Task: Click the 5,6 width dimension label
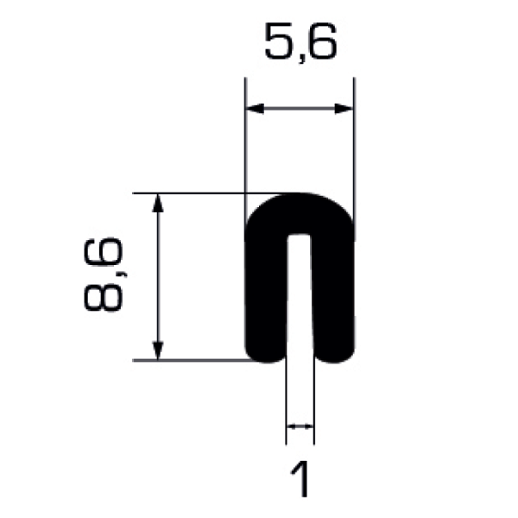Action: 300,43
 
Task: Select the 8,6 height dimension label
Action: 104,274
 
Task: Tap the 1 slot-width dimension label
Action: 300,478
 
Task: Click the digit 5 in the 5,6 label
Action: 280,41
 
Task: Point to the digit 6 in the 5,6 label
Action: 321,41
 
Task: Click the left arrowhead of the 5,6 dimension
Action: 255,109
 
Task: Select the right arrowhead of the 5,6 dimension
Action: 344,109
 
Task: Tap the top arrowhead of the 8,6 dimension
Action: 158,203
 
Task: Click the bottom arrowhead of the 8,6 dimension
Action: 158,351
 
